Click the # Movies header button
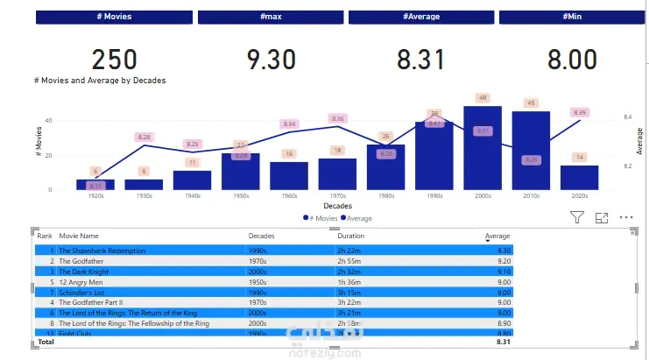(114, 17)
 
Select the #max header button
(270, 17)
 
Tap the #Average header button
(421, 17)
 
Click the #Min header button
(573, 17)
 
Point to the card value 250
(114, 60)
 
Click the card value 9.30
(271, 60)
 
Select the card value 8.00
(572, 60)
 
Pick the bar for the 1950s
(241, 171)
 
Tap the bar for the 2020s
(579, 177)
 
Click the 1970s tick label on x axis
(337, 196)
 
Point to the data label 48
(483, 97)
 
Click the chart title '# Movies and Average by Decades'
(100, 80)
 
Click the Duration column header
(350, 236)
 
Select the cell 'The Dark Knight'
(84, 272)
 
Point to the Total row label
(45, 342)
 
